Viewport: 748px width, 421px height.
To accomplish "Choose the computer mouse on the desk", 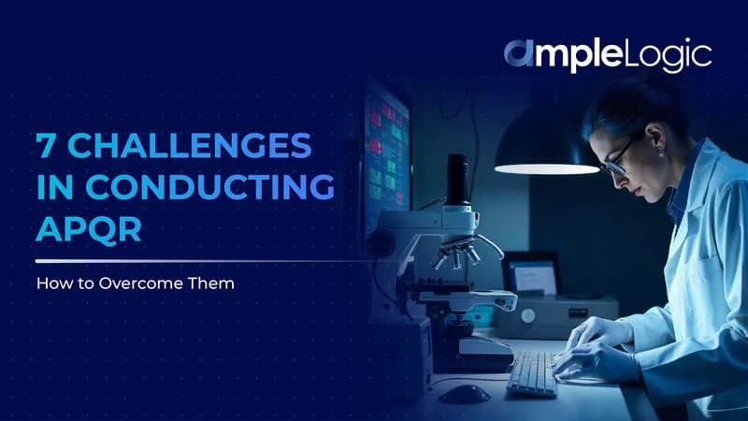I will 465,392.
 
